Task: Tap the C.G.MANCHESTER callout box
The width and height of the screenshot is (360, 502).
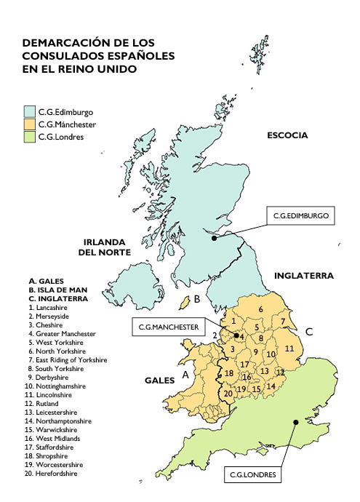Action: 169,327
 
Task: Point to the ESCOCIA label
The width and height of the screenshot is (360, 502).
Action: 287,135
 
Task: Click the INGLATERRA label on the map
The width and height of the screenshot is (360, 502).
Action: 303,276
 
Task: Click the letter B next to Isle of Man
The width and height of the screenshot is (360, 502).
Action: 197,299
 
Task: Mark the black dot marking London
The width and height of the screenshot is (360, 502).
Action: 295,422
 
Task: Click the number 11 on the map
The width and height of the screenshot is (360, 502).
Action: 289,348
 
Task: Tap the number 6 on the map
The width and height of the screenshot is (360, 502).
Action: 260,310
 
